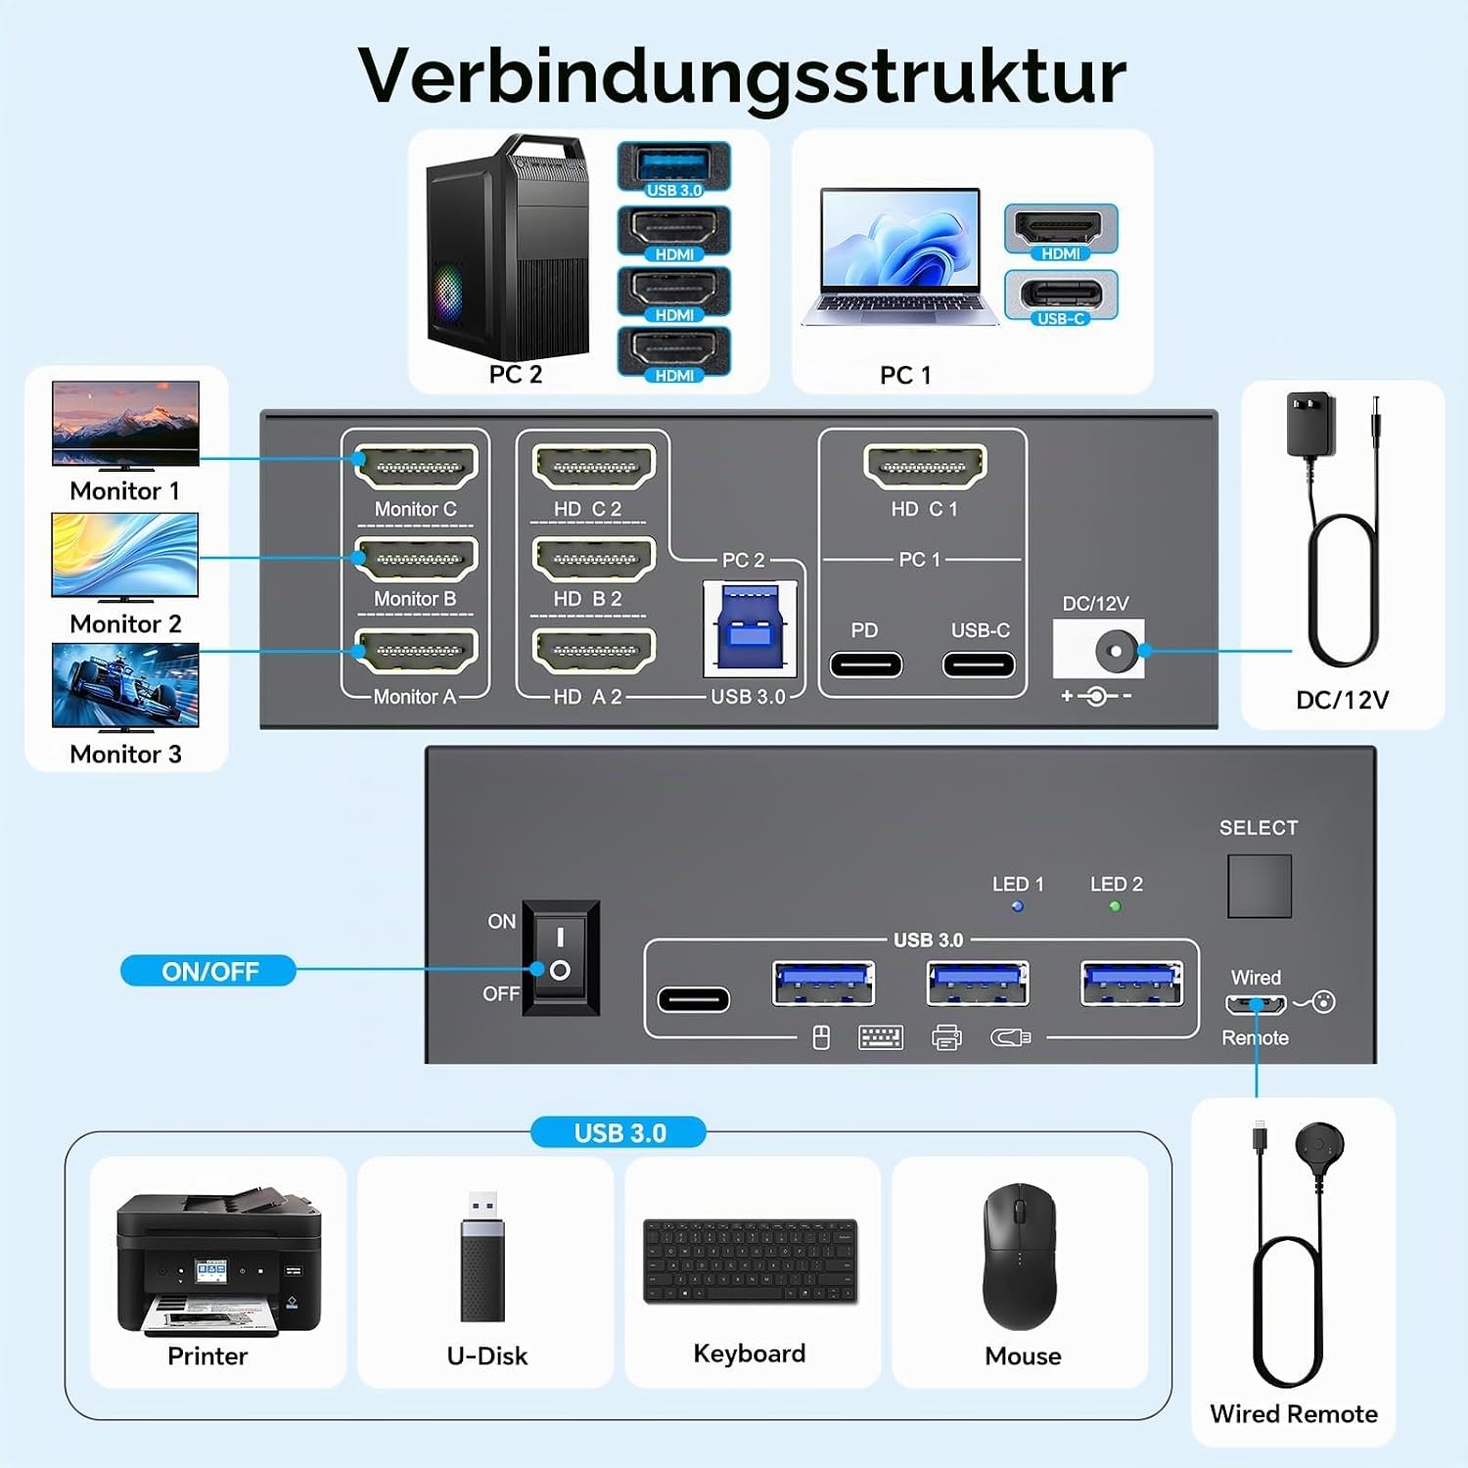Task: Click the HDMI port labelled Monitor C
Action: coord(416,466)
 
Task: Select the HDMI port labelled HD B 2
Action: coord(593,558)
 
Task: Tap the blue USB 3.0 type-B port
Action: coord(750,627)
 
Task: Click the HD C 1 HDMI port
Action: coord(925,466)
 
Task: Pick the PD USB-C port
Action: coord(866,665)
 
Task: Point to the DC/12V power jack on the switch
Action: coord(1099,649)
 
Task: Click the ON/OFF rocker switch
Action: coord(561,957)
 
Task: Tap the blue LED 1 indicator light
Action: coord(1018,906)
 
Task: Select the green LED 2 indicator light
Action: coord(1115,906)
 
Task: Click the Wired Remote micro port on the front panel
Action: coord(1256,1004)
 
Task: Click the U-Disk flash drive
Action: coord(482,1256)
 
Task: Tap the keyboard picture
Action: coord(751,1261)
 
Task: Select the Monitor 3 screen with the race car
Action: coord(125,685)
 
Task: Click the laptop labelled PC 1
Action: coord(900,256)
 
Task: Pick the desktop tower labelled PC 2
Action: coord(507,247)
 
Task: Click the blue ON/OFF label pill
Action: coord(208,971)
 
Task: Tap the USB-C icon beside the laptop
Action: coord(1061,297)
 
